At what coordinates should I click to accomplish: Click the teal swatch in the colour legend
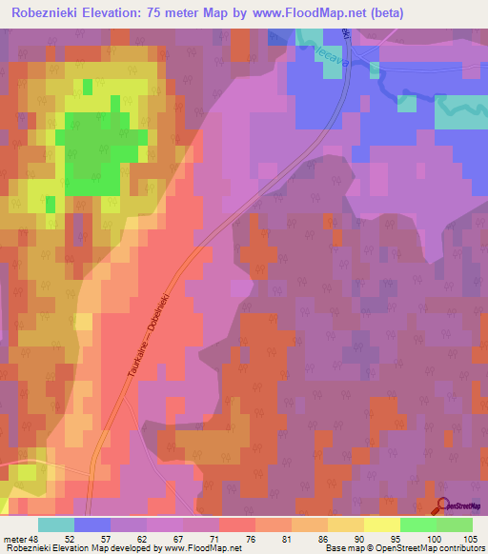pos(56,524)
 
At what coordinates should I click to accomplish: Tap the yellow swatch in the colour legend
pos(381,524)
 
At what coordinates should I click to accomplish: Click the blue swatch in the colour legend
pos(92,524)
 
